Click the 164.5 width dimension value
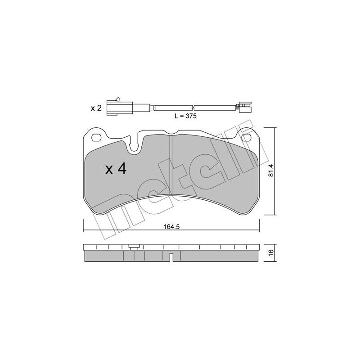pyautogui.click(x=171, y=227)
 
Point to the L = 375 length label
pyautogui.click(x=185, y=116)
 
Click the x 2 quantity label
pyautogui.click(x=96, y=108)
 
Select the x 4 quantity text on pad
pyautogui.click(x=116, y=169)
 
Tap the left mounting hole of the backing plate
pyautogui.click(x=96, y=138)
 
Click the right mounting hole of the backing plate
pyautogui.click(x=247, y=138)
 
